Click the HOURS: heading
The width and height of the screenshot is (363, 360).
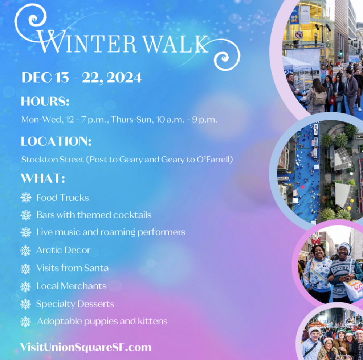click(45, 101)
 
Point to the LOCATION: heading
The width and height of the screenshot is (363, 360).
click(56, 141)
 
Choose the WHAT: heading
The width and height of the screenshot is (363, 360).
click(43, 178)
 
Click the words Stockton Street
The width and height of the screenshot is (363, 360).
click(53, 160)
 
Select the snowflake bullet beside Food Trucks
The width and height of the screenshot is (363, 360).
click(26, 198)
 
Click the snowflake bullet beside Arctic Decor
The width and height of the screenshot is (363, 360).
click(26, 251)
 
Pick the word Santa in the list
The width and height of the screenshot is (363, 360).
click(96, 268)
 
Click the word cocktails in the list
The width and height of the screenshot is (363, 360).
click(132, 215)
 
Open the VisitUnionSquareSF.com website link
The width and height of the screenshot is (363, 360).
click(86, 347)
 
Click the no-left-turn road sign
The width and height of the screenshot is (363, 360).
click(299, 35)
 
